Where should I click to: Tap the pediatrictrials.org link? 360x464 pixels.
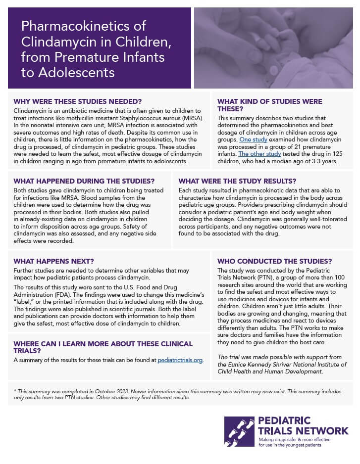pyautogui.click(x=180, y=360)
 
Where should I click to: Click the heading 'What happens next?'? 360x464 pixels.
pyautogui.click(x=54, y=261)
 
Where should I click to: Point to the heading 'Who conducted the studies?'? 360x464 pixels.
pyautogui.click(x=275, y=261)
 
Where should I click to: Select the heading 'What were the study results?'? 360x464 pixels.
pyautogui.click(x=237, y=181)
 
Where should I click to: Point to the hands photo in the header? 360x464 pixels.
pyautogui.click(x=273, y=47)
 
